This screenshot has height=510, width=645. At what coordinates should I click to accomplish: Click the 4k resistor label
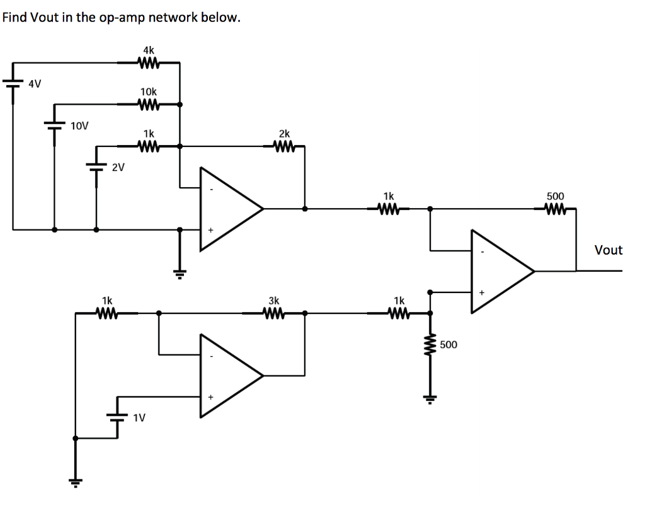(x=148, y=49)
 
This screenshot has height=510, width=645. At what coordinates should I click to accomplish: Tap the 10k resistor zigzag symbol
(x=148, y=104)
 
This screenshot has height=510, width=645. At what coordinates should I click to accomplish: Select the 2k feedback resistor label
(x=284, y=134)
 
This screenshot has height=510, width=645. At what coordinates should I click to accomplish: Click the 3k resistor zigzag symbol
(x=274, y=313)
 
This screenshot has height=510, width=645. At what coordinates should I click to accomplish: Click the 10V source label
(x=79, y=125)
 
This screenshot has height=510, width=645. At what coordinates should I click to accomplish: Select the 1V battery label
(x=139, y=417)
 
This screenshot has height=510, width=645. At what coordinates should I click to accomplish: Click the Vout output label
(x=608, y=250)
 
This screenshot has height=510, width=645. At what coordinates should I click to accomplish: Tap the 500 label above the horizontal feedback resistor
(x=556, y=196)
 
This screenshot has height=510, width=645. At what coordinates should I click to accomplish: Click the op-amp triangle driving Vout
(x=501, y=271)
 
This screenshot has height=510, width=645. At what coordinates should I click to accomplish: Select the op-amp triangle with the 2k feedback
(x=229, y=209)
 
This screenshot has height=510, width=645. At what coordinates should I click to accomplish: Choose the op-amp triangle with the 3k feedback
(x=229, y=376)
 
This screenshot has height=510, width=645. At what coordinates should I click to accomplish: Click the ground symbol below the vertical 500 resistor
(x=431, y=397)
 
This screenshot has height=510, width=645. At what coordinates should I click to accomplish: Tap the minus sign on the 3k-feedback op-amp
(x=211, y=356)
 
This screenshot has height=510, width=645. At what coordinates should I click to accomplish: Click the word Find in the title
(x=14, y=17)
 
